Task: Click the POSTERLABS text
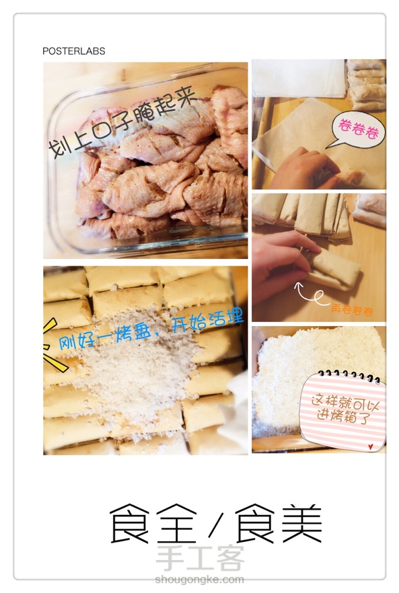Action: (x=74, y=51)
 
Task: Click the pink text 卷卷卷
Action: (x=358, y=129)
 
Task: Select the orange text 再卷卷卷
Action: (x=352, y=310)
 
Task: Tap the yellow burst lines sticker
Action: (x=53, y=346)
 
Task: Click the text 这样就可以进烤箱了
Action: (x=344, y=409)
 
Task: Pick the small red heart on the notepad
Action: (x=371, y=446)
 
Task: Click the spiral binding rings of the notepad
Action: (x=349, y=376)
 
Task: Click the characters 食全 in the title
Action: (x=153, y=523)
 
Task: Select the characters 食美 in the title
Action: (x=279, y=523)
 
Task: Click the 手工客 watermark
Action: (x=199, y=558)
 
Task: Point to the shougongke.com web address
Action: (x=199, y=579)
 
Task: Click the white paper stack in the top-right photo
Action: (x=299, y=78)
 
